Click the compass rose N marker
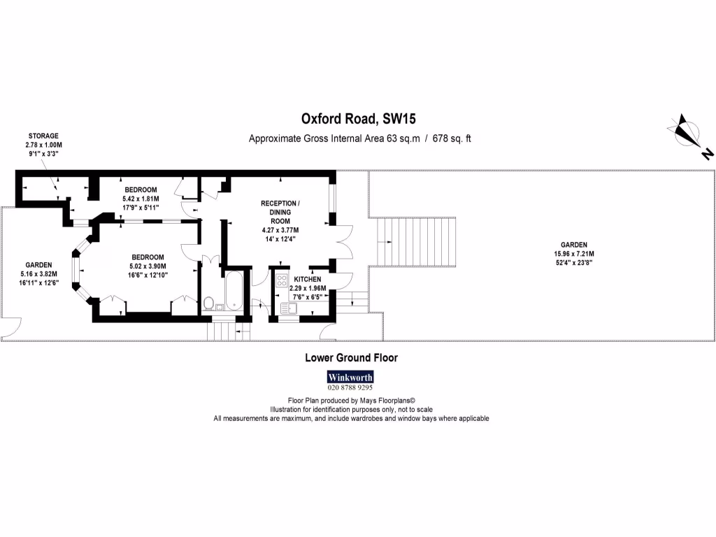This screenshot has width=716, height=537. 708,153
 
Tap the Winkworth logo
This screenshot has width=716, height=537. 350,376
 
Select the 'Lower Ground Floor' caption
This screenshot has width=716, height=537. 351,357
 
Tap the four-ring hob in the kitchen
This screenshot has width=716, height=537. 282,282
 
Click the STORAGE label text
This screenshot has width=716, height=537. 43,136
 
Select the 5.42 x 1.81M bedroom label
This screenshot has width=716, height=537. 141,199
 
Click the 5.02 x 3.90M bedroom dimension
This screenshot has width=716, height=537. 147,266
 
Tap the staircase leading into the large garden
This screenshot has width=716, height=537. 418,242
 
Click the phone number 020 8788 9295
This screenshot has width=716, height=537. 350,388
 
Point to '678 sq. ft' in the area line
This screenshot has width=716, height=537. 452,138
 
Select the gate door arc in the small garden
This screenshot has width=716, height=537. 10,328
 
